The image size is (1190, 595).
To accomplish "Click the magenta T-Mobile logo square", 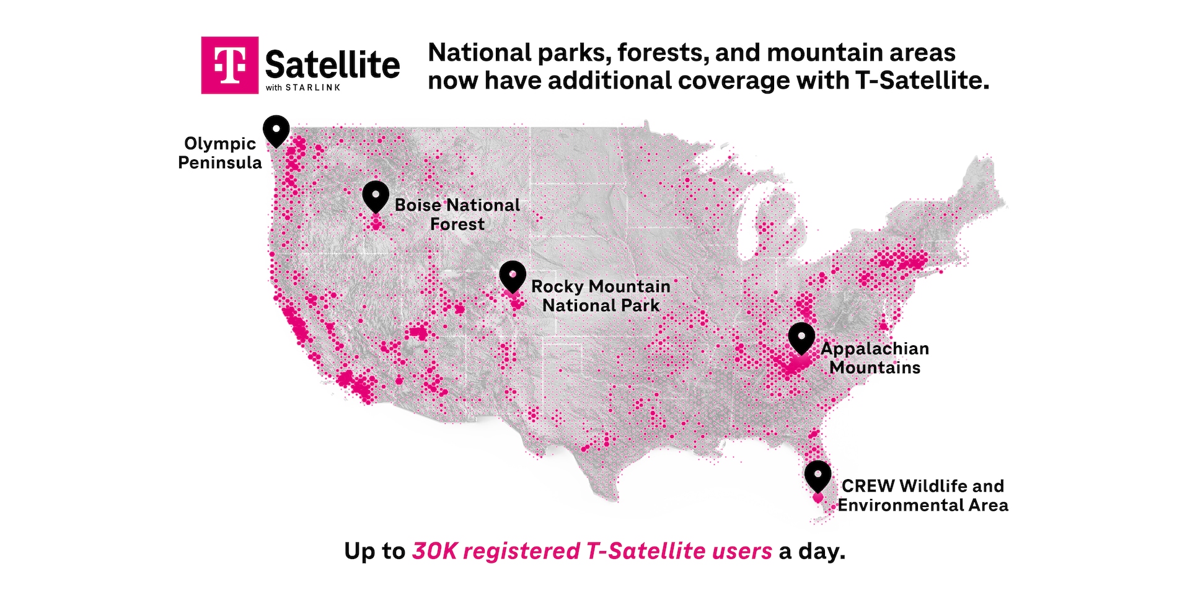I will [229, 65].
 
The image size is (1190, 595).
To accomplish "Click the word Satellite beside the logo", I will [332, 65].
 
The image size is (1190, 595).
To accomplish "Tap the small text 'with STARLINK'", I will [303, 88].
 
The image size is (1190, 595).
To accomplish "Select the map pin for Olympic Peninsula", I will [276, 130].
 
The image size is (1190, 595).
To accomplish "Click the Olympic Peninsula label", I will [220, 153].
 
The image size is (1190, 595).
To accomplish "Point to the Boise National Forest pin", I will [376, 196].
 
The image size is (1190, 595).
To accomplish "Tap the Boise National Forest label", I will [457, 214].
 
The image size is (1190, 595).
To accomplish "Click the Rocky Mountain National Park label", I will [601, 296].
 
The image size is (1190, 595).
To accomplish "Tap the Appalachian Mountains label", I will [875, 358].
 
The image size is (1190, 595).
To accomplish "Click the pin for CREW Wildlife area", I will [818, 476].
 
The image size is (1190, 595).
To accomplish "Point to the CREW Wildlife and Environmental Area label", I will [923, 495].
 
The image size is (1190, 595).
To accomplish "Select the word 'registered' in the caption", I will [521, 551].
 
